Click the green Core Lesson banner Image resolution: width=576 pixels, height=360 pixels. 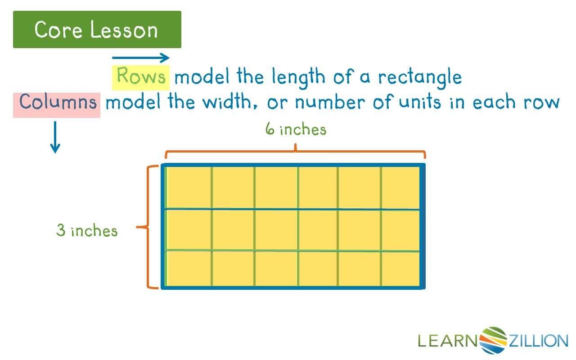pos(97,30)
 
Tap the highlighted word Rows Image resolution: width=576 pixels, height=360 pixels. pos(141,76)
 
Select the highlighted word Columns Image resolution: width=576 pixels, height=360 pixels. pos(57,102)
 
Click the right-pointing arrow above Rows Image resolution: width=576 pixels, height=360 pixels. pos(140,58)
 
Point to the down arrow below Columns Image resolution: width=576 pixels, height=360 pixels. pos(55,137)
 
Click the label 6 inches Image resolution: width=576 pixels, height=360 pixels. pos(296,130)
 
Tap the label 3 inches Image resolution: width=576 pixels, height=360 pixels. pos(87,231)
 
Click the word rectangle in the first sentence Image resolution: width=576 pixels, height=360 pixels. pos(419,77)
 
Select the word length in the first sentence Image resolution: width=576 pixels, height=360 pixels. pos(298,77)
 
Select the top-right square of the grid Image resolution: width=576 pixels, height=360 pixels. pos(400,187)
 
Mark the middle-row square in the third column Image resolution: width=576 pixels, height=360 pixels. pos(276,229)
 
